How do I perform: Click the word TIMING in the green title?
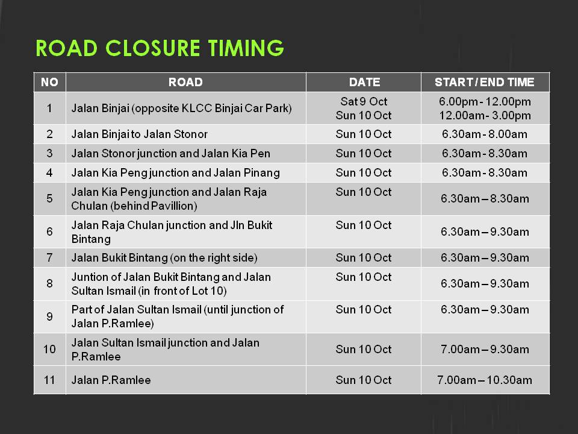[x=246, y=48]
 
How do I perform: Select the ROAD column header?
[x=185, y=82]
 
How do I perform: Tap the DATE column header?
[x=364, y=82]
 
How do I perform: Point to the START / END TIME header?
[x=484, y=82]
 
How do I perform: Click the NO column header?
[x=49, y=82]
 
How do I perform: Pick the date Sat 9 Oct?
[x=364, y=101]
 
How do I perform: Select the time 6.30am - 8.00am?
[x=484, y=134]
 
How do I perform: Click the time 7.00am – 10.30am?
[x=484, y=380]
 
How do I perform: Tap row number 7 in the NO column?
[x=49, y=257]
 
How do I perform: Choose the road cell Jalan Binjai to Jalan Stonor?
[x=139, y=134]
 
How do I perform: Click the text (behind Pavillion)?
[x=154, y=206]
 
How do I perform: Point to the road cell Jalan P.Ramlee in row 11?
[x=111, y=380]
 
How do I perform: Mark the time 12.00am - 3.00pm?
[x=485, y=116]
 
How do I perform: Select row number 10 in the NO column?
[x=49, y=349]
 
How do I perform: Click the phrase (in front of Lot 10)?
[x=182, y=291]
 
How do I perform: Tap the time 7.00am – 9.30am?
[x=484, y=349]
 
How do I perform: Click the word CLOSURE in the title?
[x=152, y=48]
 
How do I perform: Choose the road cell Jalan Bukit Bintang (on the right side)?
[x=164, y=257]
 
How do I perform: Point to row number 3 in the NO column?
[x=49, y=153]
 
